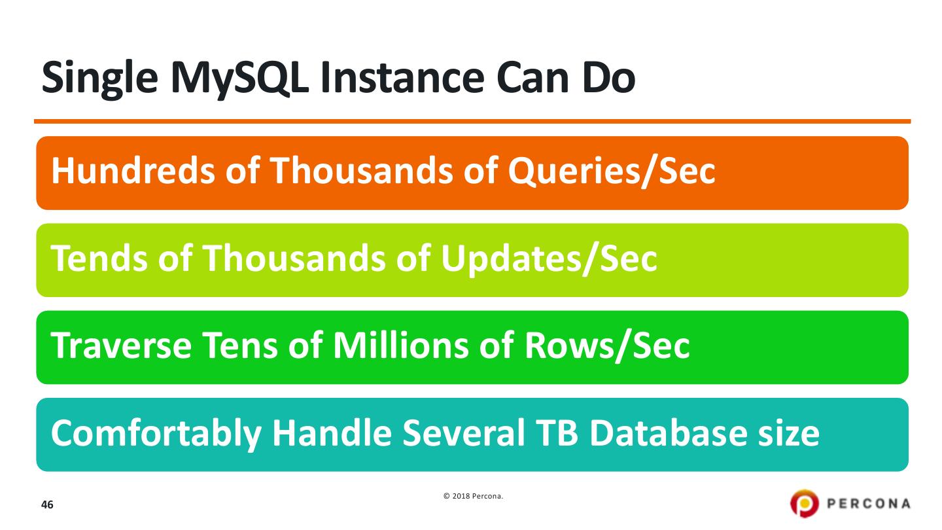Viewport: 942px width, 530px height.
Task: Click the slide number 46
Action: (x=47, y=505)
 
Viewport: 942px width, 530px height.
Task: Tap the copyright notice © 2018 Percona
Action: (x=473, y=497)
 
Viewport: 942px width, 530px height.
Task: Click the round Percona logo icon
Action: (x=804, y=504)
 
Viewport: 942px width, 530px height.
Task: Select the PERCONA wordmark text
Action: (x=869, y=504)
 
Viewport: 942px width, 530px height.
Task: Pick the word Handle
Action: (x=327, y=433)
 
